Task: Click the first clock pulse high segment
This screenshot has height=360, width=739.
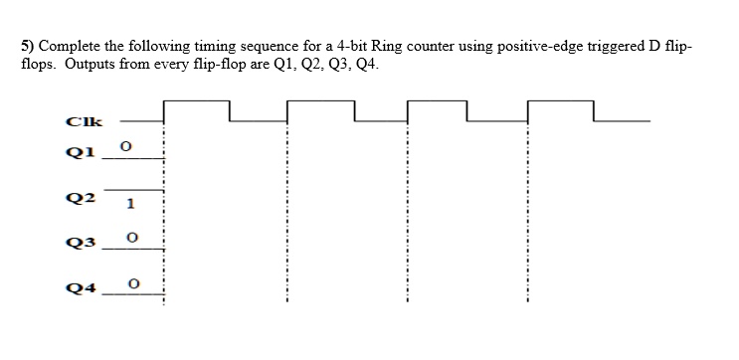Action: (x=196, y=99)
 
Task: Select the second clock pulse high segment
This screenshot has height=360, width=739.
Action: (x=319, y=99)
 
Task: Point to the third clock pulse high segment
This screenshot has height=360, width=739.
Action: (x=437, y=99)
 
